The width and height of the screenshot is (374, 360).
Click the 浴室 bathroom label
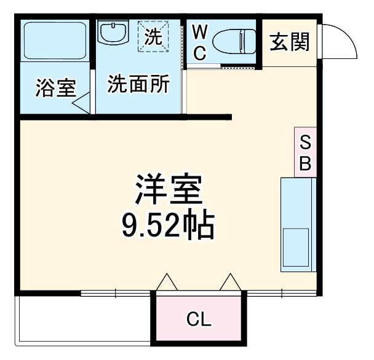click(55, 88)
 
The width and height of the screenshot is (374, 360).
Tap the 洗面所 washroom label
click(138, 84)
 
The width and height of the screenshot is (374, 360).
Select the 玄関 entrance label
click(290, 43)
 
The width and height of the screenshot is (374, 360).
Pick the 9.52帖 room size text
click(167, 226)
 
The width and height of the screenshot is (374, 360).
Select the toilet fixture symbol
click(234, 42)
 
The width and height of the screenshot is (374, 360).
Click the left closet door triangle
click(167, 282)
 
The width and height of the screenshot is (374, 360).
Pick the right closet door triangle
click(231, 282)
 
